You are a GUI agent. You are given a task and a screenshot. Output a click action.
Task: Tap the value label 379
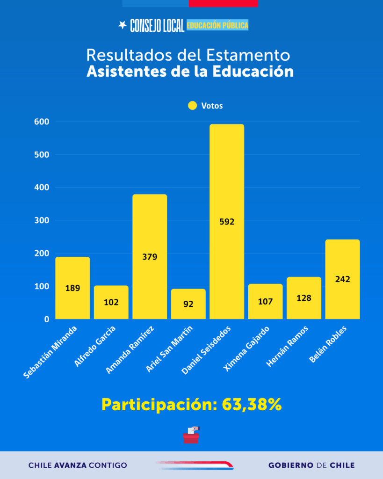(150, 256)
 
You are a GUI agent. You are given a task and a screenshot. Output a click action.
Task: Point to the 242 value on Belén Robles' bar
(342, 279)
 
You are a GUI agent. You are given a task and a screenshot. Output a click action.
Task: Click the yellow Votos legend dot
(192, 106)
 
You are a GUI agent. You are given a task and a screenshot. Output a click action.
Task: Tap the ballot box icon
(191, 435)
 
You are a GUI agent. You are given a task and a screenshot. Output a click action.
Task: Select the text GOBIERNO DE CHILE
(311, 465)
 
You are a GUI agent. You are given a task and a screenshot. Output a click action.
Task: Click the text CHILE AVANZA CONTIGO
(78, 465)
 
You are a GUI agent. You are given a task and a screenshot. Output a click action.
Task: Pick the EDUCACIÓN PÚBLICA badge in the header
(217, 25)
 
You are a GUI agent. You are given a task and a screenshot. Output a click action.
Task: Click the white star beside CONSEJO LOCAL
(123, 25)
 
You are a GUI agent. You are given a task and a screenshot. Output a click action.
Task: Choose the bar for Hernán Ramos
(304, 298)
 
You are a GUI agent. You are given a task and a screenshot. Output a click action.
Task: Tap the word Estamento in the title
(248, 55)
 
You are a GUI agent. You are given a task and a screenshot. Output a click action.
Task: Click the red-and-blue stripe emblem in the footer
(195, 465)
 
